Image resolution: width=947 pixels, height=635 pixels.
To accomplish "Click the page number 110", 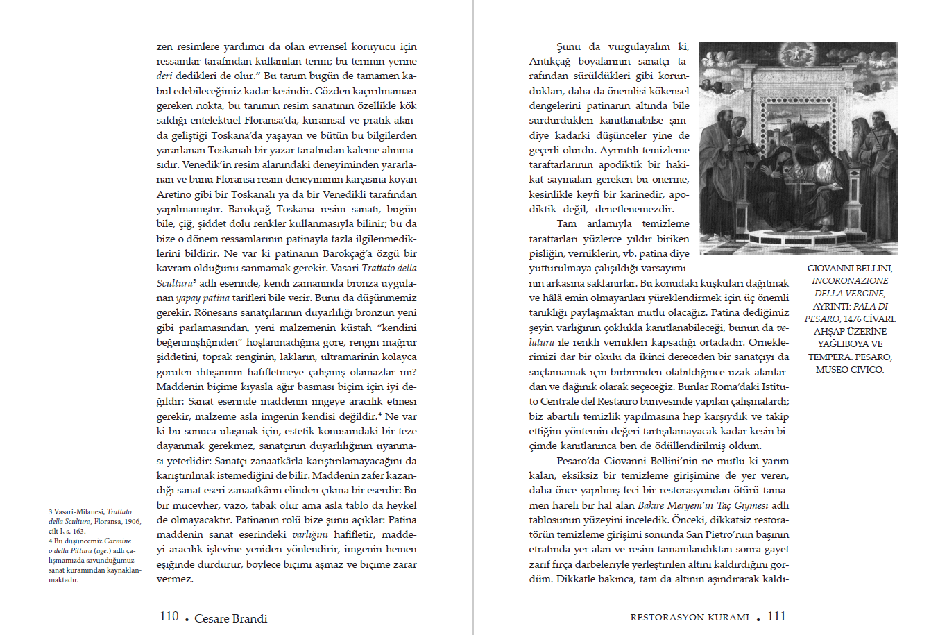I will pos(169,616).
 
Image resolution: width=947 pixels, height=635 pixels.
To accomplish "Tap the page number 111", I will pos(776,616).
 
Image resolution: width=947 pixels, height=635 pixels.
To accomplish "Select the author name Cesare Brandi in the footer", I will pos(230,618).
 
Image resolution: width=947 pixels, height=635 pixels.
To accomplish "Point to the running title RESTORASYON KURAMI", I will pos(690,617).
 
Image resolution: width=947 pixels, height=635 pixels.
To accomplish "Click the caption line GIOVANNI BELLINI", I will pos(850,268).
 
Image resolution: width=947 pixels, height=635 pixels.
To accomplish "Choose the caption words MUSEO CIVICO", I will pos(850,369).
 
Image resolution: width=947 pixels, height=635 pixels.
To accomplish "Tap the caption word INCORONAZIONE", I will pos(850,280).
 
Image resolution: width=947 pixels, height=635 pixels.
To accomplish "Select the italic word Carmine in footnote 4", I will pos(118,541).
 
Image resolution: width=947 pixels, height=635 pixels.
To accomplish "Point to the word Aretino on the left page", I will pos(173,194).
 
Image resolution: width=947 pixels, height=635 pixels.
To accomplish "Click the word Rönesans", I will pos(179,312).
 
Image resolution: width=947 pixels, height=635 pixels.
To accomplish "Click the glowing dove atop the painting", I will pos(798,53).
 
